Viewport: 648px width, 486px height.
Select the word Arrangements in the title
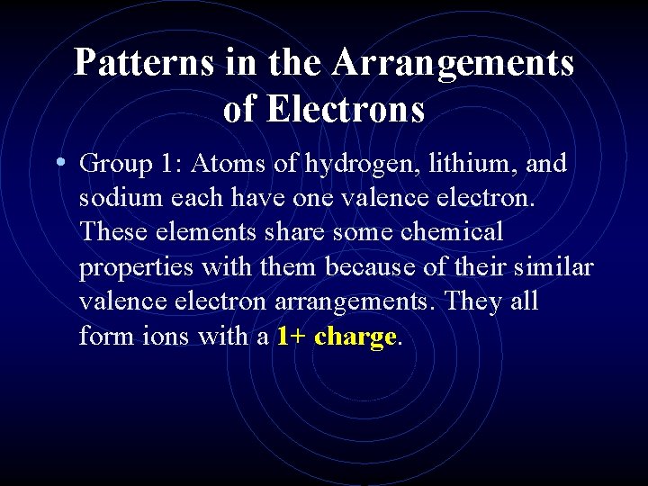pyautogui.click(x=453, y=63)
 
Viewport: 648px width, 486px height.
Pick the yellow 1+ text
pyautogui.click(x=292, y=337)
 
